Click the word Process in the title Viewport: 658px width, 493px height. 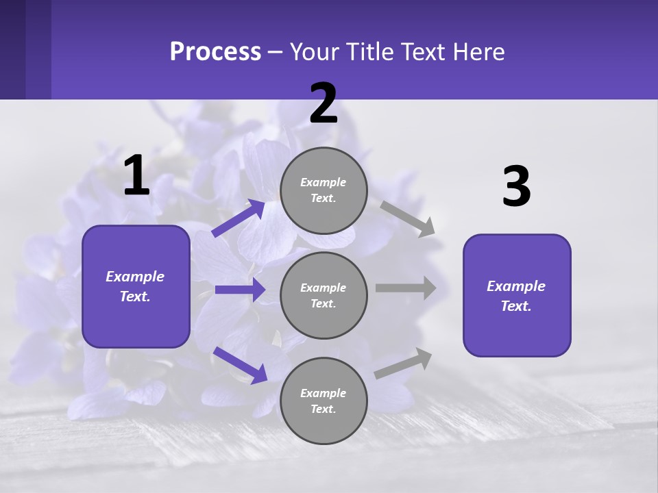click(x=215, y=52)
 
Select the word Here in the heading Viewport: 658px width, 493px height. click(x=477, y=52)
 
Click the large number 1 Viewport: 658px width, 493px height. click(x=136, y=177)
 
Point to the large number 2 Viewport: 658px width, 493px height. click(x=324, y=104)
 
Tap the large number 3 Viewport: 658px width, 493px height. click(x=516, y=187)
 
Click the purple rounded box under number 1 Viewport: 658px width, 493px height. click(x=136, y=286)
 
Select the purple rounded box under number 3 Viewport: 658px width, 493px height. click(x=517, y=295)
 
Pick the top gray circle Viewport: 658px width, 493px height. click(x=324, y=190)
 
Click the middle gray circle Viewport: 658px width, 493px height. click(x=324, y=295)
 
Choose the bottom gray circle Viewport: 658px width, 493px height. click(x=324, y=401)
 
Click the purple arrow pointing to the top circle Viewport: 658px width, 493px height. click(x=239, y=218)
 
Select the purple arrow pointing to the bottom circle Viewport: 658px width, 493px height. click(x=240, y=364)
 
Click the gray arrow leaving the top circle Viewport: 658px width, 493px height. click(x=407, y=218)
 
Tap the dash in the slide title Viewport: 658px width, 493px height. click(x=276, y=52)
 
